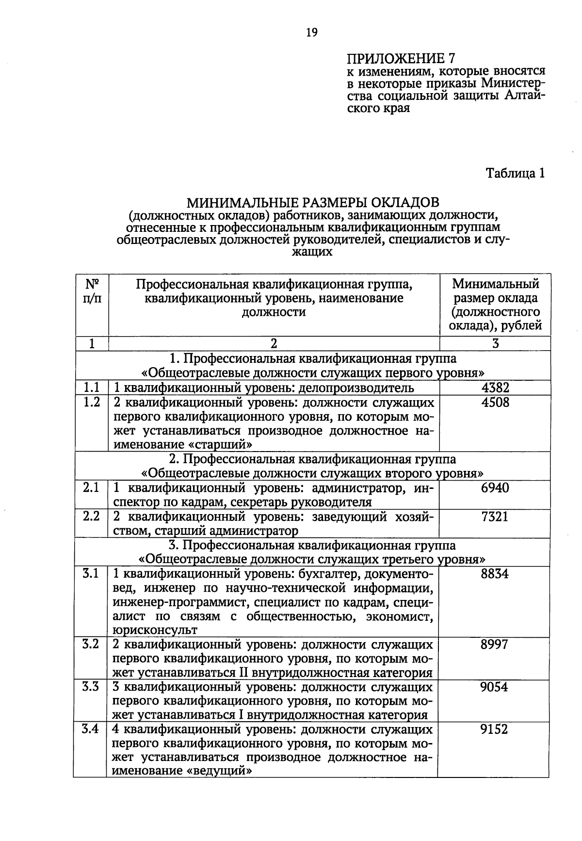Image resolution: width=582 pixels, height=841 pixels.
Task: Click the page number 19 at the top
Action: coord(311,32)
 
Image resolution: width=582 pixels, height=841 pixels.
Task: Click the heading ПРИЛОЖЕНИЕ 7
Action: coord(401,59)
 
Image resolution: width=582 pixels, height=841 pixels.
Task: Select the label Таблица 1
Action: coord(516,173)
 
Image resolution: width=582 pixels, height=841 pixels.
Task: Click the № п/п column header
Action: coord(92,291)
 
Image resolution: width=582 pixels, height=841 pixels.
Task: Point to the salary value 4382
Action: coord(495,388)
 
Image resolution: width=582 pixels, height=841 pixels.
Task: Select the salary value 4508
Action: coord(495,402)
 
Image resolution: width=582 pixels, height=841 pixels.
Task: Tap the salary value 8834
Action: coord(495,574)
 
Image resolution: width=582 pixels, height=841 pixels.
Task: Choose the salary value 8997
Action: coord(494,645)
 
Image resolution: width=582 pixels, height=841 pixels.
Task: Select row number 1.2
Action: coord(92,402)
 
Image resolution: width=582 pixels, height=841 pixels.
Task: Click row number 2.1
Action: coord(91,488)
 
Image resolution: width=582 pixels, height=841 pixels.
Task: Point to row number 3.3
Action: coord(91,687)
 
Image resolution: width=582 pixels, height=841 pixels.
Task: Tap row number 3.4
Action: coord(91,729)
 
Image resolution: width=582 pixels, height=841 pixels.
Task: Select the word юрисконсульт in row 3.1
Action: coord(155,631)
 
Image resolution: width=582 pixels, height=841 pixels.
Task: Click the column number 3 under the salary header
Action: coord(495,344)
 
